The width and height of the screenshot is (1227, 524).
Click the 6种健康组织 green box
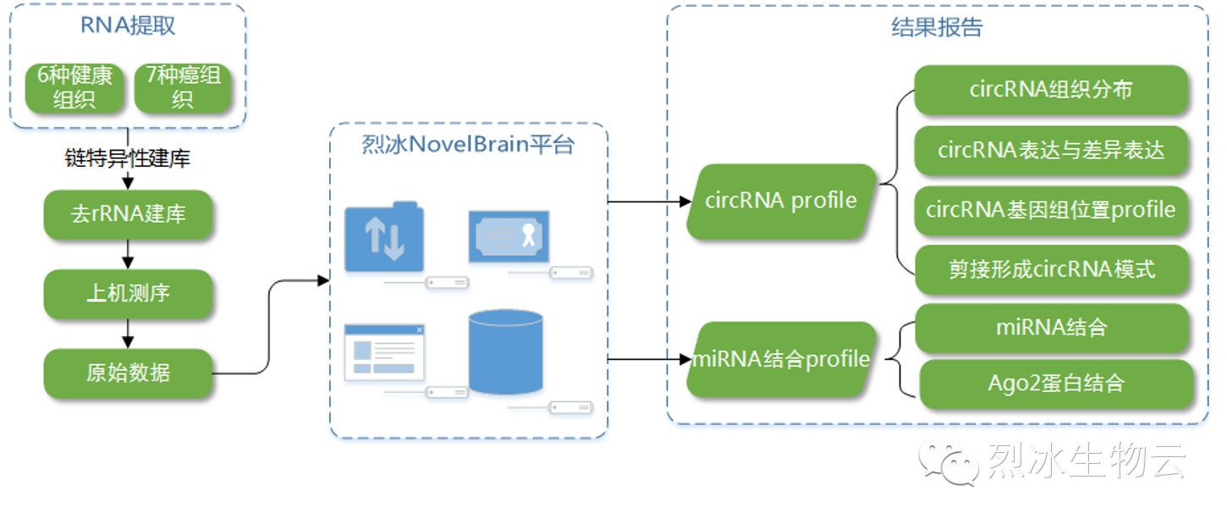tap(74, 87)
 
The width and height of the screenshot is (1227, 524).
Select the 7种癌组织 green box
tap(183, 87)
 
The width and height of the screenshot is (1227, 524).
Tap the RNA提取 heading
tap(128, 25)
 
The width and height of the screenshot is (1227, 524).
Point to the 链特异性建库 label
tap(128, 158)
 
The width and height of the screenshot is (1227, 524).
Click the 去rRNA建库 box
tap(128, 214)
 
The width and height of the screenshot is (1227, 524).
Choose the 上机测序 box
tap(128, 294)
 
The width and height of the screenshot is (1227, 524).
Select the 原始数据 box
tap(128, 373)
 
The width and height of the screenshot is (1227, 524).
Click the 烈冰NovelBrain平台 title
tap(468, 145)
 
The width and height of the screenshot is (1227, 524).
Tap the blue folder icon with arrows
tap(384, 238)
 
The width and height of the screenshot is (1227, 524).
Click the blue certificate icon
tap(509, 236)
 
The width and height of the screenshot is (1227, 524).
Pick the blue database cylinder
tap(505, 352)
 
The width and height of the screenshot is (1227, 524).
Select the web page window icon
tap(384, 351)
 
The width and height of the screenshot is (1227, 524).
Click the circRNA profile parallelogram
tap(781, 201)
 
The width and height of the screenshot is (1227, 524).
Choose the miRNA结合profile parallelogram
tap(781, 360)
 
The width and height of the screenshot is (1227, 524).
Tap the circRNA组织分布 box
tap(1051, 91)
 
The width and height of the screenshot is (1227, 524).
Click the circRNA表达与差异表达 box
tap(1051, 151)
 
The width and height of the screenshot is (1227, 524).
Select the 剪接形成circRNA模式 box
tap(1051, 270)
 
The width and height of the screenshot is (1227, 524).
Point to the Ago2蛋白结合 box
tap(1056, 383)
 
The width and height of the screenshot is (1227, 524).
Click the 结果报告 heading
tap(937, 27)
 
